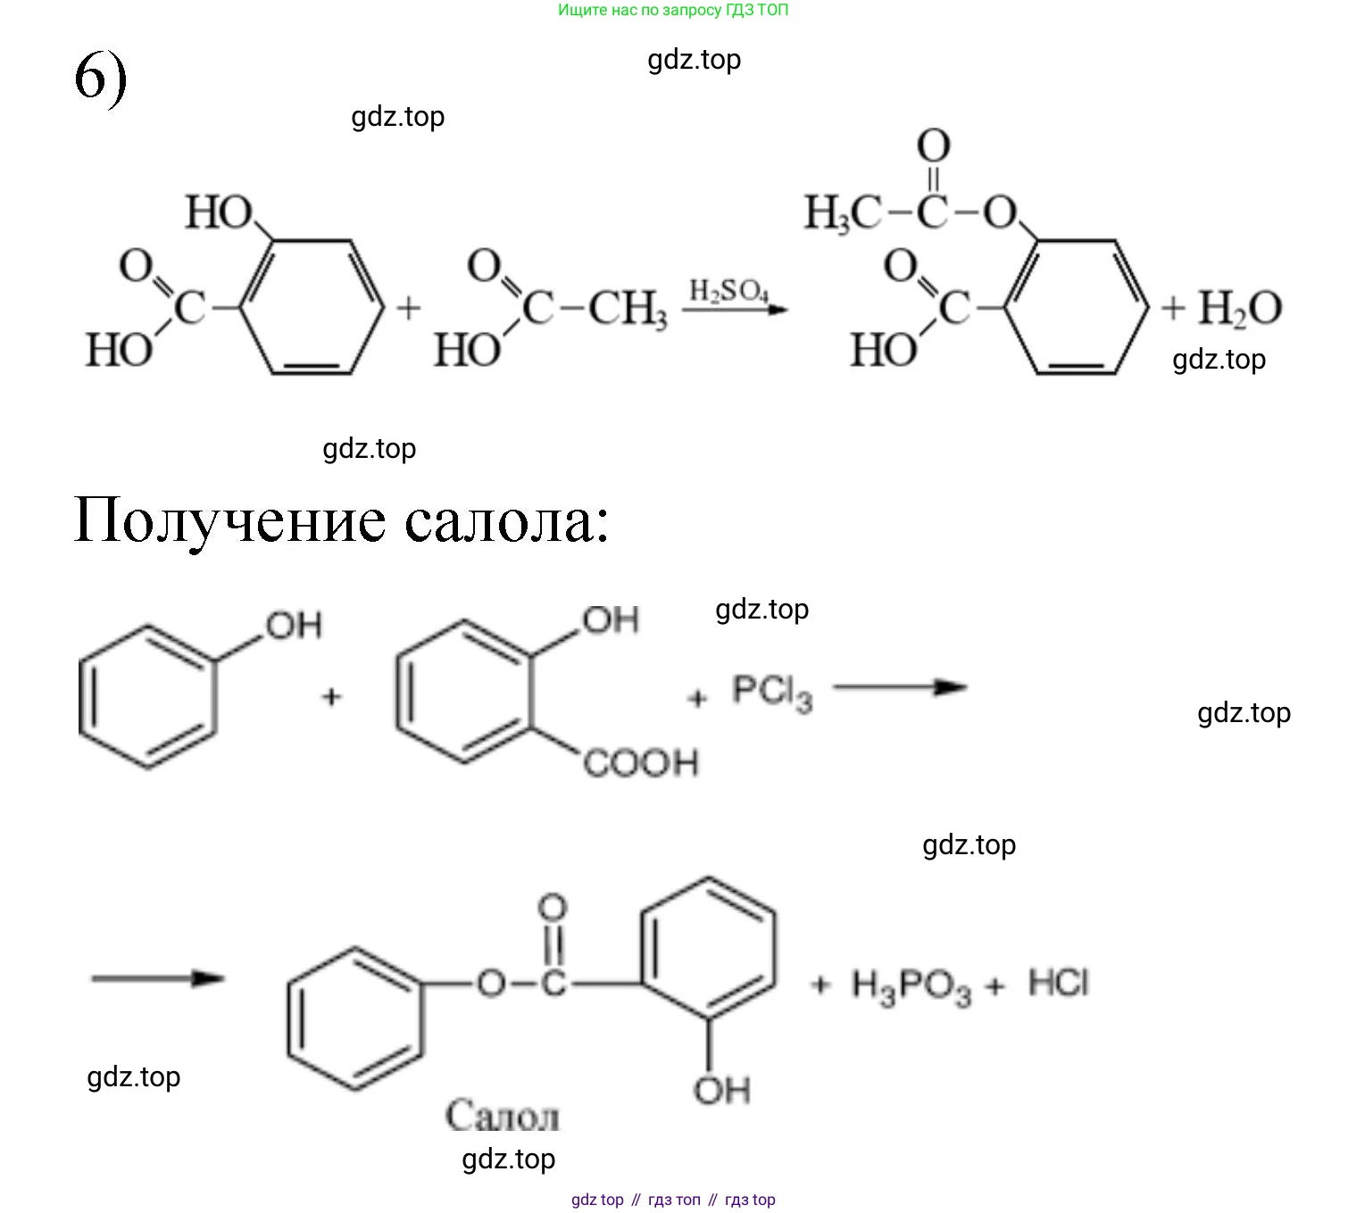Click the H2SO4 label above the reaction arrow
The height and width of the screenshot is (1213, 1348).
(728, 291)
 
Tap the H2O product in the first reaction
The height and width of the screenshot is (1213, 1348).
(1239, 309)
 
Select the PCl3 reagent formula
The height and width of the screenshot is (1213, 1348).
(772, 692)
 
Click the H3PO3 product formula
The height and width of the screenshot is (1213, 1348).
(911, 986)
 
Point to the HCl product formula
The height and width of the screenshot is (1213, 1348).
(1059, 983)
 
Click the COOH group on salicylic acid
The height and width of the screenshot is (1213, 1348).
(641, 763)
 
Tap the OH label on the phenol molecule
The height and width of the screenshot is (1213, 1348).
(294, 626)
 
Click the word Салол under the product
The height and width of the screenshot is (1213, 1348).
(503, 1117)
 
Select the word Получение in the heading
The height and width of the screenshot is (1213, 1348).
(229, 519)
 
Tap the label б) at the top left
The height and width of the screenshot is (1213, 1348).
(100, 78)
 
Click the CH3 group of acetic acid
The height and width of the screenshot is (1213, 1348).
(628, 310)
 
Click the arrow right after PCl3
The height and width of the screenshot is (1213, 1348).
(900, 687)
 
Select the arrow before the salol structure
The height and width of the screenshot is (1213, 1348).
(157, 978)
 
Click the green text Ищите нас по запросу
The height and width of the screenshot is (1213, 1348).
(639, 11)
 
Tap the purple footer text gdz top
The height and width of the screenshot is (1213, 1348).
(597, 1200)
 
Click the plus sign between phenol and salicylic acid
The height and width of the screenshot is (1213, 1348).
(331, 696)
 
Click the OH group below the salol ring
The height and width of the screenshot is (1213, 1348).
(721, 1090)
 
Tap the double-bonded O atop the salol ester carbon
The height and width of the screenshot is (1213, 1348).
(553, 908)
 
